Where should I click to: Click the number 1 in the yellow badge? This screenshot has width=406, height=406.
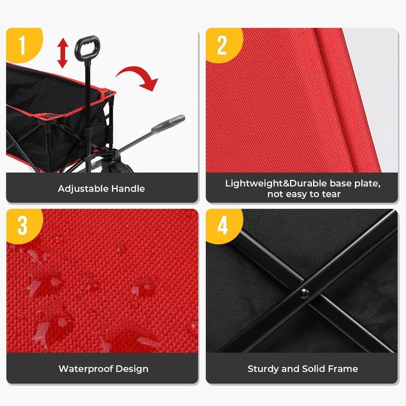pos(22,45)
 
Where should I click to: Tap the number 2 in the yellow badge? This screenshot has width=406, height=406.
pos(222,45)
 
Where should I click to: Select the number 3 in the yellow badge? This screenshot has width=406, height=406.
pos(22,225)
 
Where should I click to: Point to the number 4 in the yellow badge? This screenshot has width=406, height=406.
pos(222,225)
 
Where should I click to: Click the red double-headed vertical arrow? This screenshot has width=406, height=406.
pos(63,53)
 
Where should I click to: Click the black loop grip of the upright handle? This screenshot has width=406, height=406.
pos(87,48)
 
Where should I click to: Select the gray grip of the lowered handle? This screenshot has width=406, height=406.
pos(168,124)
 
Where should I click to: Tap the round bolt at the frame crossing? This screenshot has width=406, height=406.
pos(304,293)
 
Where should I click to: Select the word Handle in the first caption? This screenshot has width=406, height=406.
pos(128,188)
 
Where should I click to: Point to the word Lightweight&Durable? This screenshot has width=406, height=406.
pos(275,184)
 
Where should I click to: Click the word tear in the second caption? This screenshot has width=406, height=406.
pos(331,194)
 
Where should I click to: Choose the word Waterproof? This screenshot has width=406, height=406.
pos(86,369)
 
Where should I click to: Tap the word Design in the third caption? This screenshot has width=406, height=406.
pos(132,369)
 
